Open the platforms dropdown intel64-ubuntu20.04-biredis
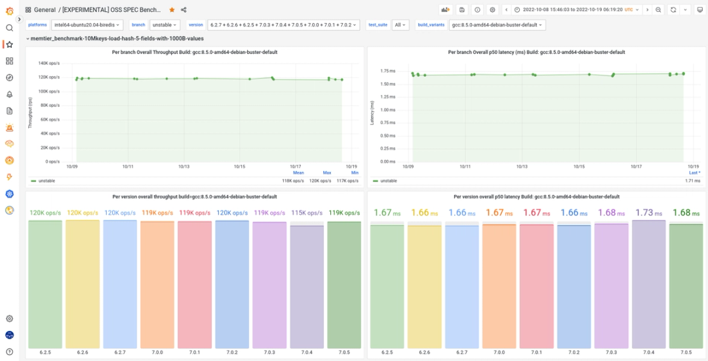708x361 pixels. click(x=87, y=25)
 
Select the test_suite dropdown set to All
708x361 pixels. click(x=400, y=25)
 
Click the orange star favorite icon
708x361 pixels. click(x=172, y=10)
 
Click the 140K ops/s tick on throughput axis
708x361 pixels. click(x=50, y=64)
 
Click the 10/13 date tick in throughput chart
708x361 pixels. click(x=184, y=167)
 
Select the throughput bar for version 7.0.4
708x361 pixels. click(x=307, y=286)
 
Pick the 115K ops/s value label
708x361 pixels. click(x=307, y=213)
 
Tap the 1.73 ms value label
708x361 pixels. click(x=648, y=213)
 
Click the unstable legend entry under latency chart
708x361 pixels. click(x=389, y=180)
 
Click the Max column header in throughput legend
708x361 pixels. click(x=326, y=173)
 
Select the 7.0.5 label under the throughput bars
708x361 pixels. click(x=344, y=352)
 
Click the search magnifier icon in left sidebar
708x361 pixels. click(x=9, y=28)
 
